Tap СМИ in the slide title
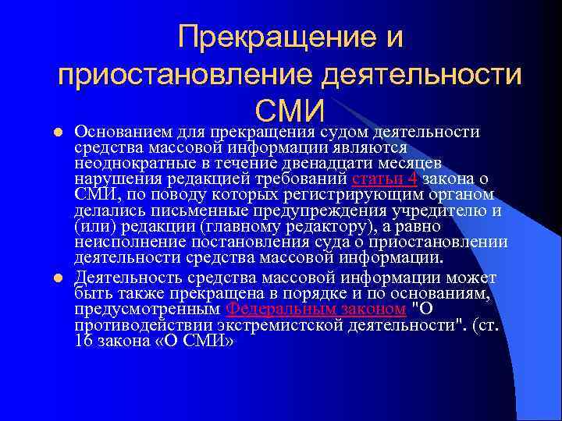point(290,111)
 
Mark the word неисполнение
point(124,243)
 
